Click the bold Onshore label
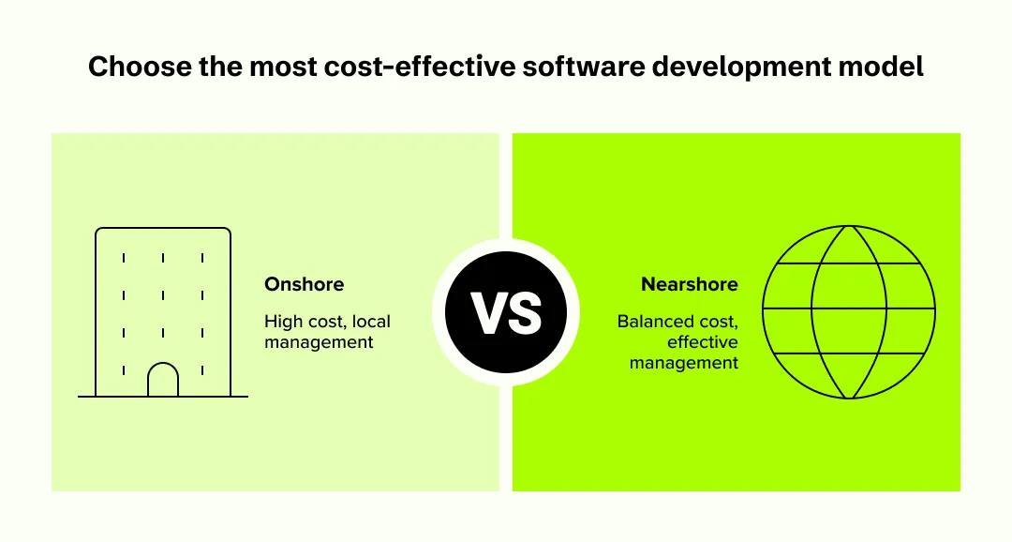[304, 284]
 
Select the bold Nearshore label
[690, 284]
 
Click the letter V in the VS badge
[488, 313]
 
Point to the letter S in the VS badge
[525, 313]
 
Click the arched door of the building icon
[163, 380]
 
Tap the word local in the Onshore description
[372, 322]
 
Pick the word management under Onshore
[319, 342]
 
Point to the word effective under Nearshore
[703, 342]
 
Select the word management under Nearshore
[684, 363]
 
